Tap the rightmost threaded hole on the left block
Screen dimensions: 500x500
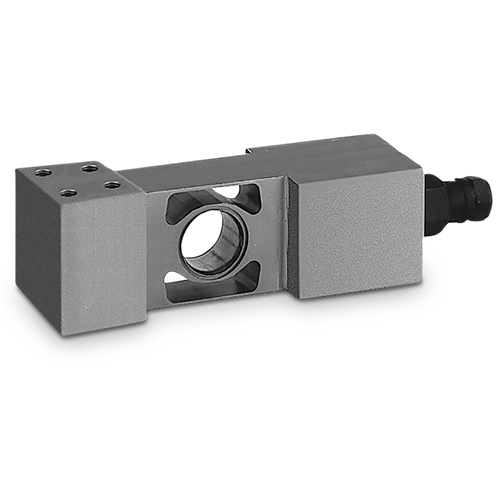[113, 184]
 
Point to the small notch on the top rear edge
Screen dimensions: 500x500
[247, 152]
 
